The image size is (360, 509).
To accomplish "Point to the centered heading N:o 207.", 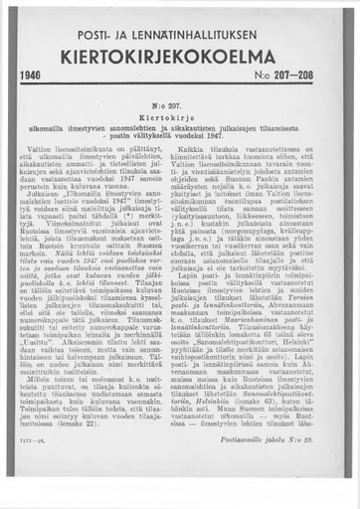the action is pyautogui.click(x=179, y=102).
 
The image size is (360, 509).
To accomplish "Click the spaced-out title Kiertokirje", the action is pyautogui.click(x=180, y=115).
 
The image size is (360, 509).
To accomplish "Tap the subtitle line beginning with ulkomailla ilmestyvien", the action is pyautogui.click(x=180, y=125).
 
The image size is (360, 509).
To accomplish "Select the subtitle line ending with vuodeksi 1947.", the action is pyautogui.click(x=180, y=135).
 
